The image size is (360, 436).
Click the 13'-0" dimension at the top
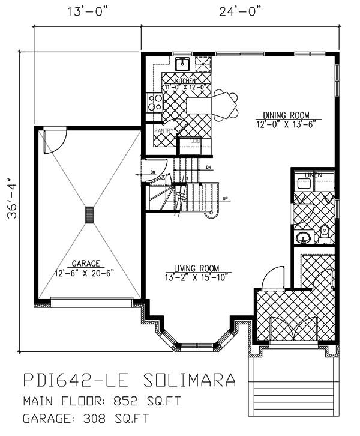pyautogui.click(x=88, y=10)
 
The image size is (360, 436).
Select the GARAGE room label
pyautogui.click(x=85, y=263)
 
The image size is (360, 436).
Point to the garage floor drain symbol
pyautogui.click(x=90, y=215)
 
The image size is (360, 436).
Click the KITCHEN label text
pyautogui.click(x=185, y=80)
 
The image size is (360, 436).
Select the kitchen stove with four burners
pyautogui.click(x=155, y=101)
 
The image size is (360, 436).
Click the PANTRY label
pyautogui.click(x=163, y=130)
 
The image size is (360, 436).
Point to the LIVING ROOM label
pyautogui.click(x=196, y=268)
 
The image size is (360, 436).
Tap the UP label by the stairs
pyautogui.click(x=225, y=199)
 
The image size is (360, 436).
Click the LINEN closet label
pyautogui.click(x=314, y=175)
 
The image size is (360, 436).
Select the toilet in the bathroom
pyautogui.click(x=325, y=232)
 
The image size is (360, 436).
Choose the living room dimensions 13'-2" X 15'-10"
pyautogui.click(x=196, y=277)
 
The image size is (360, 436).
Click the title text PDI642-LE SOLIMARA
pyautogui.click(x=129, y=380)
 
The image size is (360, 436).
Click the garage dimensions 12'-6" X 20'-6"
pyautogui.click(x=85, y=272)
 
